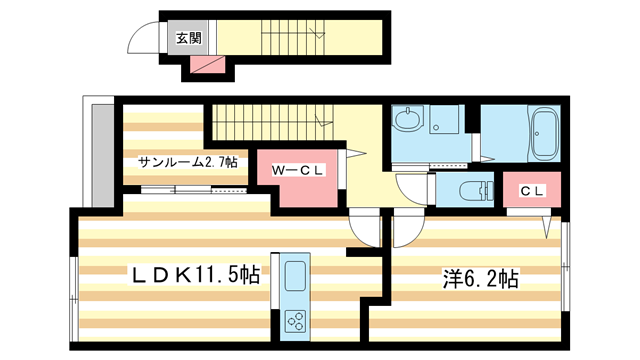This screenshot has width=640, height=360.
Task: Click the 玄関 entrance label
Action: tap(187, 39)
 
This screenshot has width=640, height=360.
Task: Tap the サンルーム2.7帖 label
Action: tap(188, 161)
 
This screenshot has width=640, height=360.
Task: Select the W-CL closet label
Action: tap(298, 170)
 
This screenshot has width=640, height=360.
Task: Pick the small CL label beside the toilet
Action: tap(531, 190)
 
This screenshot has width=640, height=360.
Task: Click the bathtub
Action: tap(545, 136)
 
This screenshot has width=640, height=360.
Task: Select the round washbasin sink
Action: tap(408, 122)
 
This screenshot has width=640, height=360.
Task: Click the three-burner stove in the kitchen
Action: tap(298, 321)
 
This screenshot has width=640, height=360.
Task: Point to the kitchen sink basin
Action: tap(298, 275)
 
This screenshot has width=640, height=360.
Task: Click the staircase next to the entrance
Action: tap(290, 39)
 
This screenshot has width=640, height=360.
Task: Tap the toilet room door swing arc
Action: tap(412, 187)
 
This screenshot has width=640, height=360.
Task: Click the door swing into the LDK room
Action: tap(366, 232)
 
